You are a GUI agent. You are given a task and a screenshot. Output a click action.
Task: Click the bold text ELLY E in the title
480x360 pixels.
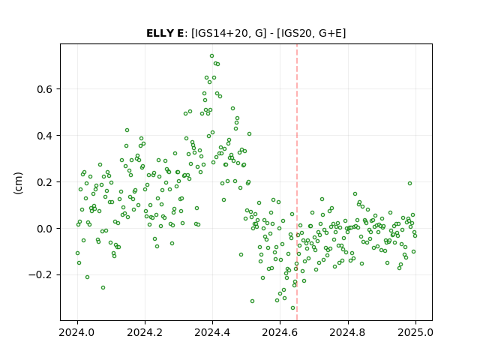point(165,33)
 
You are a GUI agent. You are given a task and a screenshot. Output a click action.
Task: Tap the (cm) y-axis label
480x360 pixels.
point(18,183)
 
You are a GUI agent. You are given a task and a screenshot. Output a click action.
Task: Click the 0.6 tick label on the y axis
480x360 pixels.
point(44,89)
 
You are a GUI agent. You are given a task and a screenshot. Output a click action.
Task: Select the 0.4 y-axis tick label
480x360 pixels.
point(44,136)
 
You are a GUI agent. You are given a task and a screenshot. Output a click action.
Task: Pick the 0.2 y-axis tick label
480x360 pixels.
point(44,182)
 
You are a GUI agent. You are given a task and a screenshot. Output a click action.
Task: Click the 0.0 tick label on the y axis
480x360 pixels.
point(44,229)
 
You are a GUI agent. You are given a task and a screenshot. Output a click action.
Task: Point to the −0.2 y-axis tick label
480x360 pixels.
point(40,275)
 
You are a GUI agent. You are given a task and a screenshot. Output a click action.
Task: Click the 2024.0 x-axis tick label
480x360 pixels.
point(77,332)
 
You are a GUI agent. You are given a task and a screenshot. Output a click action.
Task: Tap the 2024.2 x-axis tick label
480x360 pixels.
point(145,332)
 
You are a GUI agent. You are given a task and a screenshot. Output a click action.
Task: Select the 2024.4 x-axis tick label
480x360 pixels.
point(212,332)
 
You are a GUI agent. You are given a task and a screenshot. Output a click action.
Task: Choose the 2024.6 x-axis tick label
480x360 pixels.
point(280,332)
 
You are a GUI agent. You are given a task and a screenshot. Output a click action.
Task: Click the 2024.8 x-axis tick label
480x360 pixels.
point(347,332)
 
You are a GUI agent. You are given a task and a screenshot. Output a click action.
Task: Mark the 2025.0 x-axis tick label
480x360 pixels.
point(415,332)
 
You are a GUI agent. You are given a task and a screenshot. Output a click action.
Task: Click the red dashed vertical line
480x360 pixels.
point(297,182)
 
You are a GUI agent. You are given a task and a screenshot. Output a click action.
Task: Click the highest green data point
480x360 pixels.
point(211,56)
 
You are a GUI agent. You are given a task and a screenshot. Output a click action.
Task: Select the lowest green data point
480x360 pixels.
point(292,308)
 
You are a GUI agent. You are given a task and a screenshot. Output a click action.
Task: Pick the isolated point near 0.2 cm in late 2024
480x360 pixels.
point(410,183)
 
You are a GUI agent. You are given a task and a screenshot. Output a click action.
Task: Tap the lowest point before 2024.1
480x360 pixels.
point(103,288)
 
